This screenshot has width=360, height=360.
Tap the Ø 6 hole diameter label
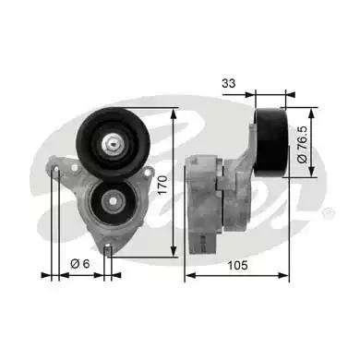coord(81,265)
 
